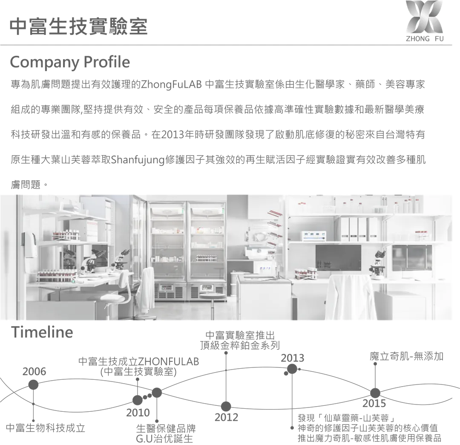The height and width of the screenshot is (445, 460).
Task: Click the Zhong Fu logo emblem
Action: tap(424, 18)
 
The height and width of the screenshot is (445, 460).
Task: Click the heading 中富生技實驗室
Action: tap(79, 26)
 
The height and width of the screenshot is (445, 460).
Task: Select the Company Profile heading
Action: tap(70, 62)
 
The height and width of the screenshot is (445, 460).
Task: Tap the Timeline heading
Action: tap(42, 332)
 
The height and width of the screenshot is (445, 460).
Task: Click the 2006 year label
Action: tap(34, 371)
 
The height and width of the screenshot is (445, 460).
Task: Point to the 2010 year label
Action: tap(138, 413)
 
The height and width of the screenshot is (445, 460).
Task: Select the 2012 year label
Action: tap(226, 417)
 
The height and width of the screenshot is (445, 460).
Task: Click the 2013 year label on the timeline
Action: tap(293, 358)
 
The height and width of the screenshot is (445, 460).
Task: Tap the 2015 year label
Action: tap(374, 403)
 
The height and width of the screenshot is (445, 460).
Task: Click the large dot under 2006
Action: tap(33, 385)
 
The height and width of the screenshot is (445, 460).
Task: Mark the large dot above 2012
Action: tap(226, 406)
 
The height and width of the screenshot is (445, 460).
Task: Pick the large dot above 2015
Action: tap(375, 393)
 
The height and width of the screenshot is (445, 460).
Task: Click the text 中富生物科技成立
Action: tap(46, 428)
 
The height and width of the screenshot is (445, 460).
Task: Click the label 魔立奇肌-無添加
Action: tap(406, 356)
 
